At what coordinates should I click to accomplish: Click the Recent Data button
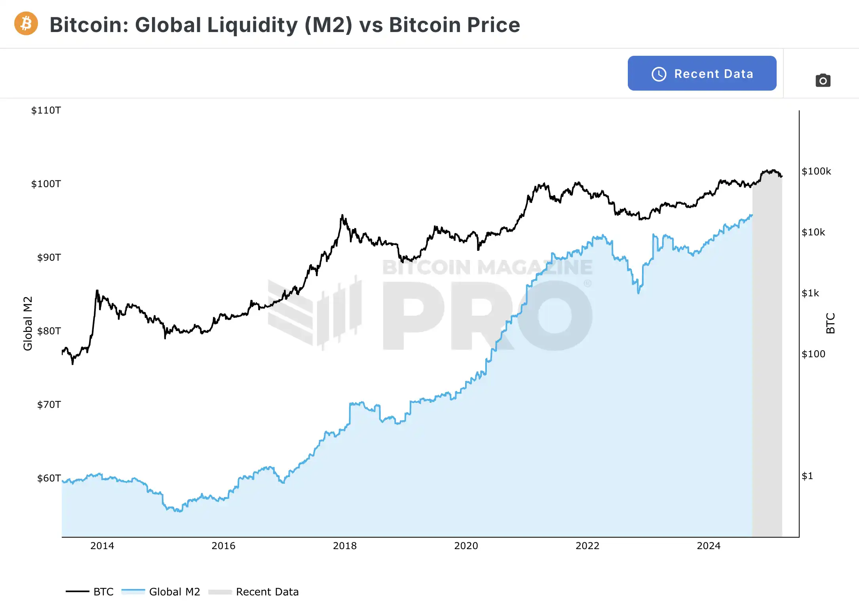click(702, 74)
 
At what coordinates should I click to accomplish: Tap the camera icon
click(823, 81)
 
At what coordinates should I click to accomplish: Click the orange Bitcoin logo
click(26, 24)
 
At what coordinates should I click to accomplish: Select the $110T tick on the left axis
click(46, 110)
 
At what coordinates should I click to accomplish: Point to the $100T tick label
click(46, 184)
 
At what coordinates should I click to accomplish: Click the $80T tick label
click(49, 331)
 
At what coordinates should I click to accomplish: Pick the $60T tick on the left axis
click(49, 478)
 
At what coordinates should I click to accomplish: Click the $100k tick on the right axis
click(816, 171)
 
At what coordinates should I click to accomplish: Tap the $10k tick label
click(813, 232)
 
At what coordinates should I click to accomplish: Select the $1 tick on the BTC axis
click(807, 476)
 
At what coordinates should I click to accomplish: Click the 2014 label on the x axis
click(102, 546)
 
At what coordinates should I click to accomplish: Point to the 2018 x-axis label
click(345, 546)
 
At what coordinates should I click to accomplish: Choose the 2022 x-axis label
click(587, 546)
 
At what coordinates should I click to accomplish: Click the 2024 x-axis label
click(709, 546)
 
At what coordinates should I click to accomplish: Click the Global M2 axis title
click(28, 323)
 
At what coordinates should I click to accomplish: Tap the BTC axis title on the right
click(830, 323)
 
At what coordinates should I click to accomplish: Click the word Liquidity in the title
click(253, 25)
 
